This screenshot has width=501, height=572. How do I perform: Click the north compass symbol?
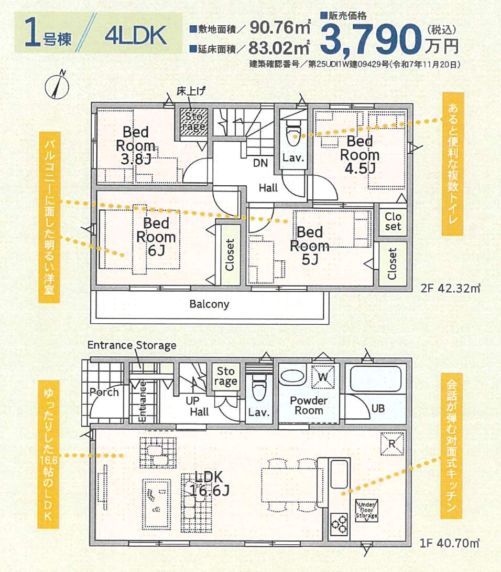tap(57, 86)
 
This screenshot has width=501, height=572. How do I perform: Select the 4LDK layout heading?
tap(136, 35)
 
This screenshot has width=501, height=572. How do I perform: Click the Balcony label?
tap(209, 304)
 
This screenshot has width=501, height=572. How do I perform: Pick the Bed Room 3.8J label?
tap(135, 145)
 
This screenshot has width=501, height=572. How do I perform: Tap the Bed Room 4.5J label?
tap(360, 155)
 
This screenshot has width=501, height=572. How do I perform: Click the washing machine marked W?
tap(323, 376)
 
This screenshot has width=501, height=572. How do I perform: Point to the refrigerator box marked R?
tap(392, 444)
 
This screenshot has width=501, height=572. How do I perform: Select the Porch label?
tap(104, 393)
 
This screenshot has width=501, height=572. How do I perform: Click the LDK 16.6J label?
tap(209, 484)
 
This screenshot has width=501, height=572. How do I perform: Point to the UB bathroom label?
tap(378, 408)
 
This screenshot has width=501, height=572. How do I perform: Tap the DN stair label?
tap(260, 163)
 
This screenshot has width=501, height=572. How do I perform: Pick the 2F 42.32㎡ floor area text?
tap(451, 289)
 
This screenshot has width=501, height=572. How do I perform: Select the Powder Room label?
tap(309, 405)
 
